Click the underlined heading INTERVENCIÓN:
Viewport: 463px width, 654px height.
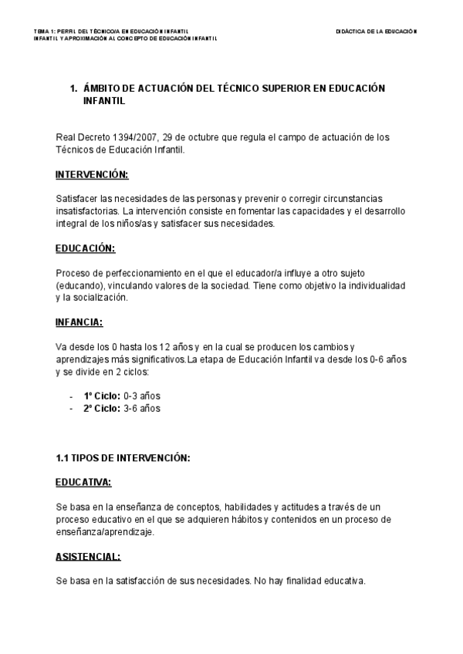pyautogui.click(x=92, y=174)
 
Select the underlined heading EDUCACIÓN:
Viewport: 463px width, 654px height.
pyautogui.click(x=85, y=248)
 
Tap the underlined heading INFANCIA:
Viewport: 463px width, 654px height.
pyautogui.click(x=79, y=322)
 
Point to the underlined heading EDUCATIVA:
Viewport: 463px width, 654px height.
pyautogui.click(x=83, y=482)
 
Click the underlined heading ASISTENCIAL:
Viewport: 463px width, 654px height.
pyautogui.click(x=88, y=556)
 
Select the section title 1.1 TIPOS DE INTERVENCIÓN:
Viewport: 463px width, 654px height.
pyautogui.click(x=123, y=457)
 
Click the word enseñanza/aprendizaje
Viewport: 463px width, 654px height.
pyautogui.click(x=105, y=532)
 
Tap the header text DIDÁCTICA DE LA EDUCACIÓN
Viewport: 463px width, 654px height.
pyautogui.click(x=376, y=32)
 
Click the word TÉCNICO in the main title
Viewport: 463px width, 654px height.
pyautogui.click(x=223, y=89)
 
